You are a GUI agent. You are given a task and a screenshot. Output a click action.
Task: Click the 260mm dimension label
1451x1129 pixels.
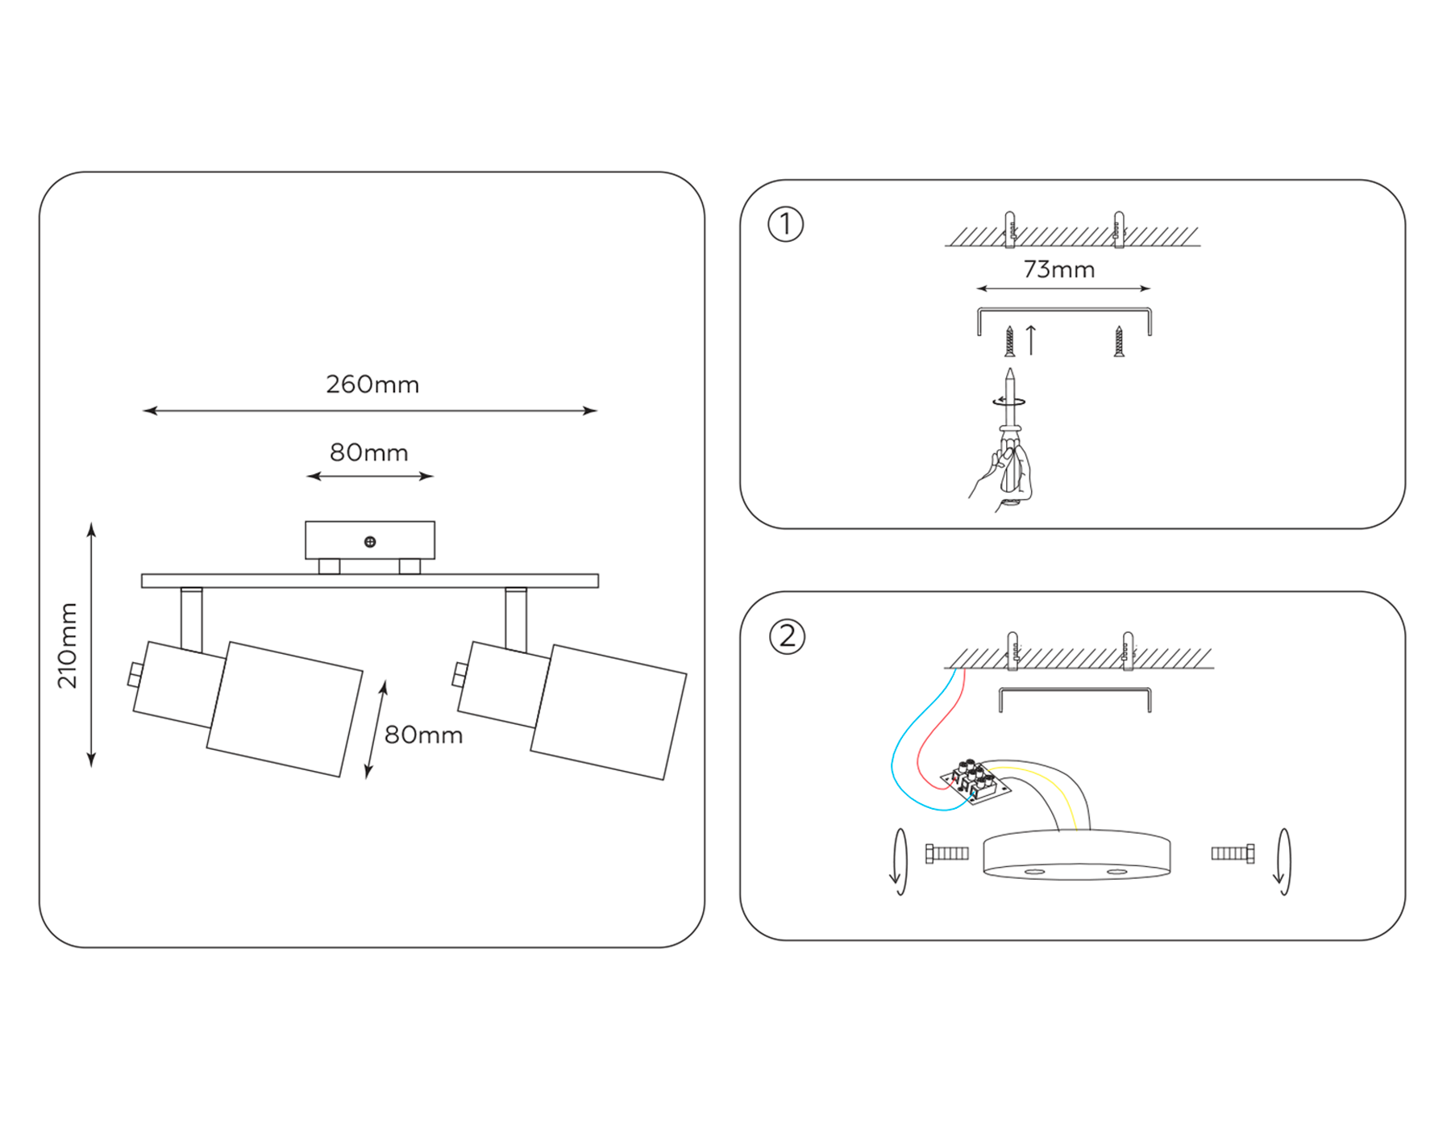(x=372, y=385)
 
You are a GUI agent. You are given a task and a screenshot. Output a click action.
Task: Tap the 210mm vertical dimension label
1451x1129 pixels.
(x=68, y=645)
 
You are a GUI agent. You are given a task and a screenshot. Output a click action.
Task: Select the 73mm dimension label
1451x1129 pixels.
(x=1058, y=269)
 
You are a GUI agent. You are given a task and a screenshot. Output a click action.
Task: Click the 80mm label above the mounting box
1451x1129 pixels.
(x=369, y=452)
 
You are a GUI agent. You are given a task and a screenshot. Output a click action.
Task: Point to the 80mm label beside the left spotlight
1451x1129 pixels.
(x=423, y=735)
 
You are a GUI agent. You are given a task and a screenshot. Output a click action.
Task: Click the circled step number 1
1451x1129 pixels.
(x=785, y=224)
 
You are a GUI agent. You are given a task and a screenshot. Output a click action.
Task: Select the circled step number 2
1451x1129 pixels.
(x=787, y=636)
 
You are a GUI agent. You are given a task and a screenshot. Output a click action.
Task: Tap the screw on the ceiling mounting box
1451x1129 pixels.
(x=370, y=542)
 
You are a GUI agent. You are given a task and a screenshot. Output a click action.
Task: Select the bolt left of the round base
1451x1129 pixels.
(x=947, y=853)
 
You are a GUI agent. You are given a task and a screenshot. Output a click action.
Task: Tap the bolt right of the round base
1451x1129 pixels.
(x=1233, y=853)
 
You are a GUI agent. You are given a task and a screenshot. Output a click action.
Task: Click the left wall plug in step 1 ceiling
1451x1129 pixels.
(x=1009, y=229)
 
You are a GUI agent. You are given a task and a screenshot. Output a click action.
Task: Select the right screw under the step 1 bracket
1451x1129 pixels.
(x=1119, y=341)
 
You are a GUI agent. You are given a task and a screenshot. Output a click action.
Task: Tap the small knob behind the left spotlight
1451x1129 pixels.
(x=135, y=674)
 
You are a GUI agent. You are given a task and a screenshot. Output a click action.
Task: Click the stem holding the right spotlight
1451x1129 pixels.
(x=516, y=619)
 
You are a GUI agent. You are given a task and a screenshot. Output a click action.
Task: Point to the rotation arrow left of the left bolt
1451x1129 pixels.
(x=898, y=861)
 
